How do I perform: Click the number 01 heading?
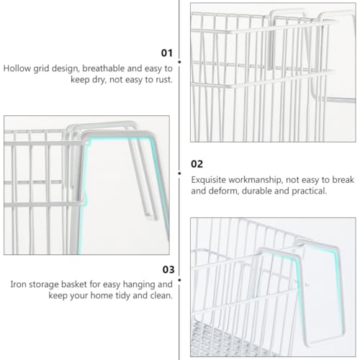167,53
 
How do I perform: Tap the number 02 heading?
197,164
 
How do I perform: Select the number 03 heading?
168,269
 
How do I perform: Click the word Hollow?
17,68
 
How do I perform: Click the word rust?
164,80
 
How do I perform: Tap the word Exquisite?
208,180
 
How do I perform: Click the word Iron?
18,284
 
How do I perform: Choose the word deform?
223,191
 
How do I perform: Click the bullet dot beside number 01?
179,62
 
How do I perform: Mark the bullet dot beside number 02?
179,173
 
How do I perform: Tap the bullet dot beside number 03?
179,280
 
